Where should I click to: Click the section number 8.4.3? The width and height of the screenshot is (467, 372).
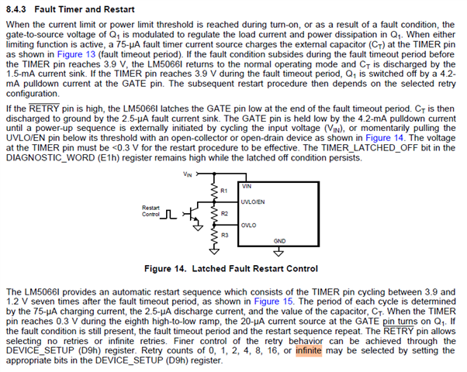pyautogui.click(x=16, y=9)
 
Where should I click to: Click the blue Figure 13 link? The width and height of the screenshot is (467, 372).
pyautogui.click(x=76, y=54)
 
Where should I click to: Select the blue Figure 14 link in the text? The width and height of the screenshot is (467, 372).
pyautogui.click(x=384, y=138)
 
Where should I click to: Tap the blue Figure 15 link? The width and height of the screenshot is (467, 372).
pyautogui.click(x=273, y=301)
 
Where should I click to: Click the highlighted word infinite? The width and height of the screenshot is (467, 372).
pyautogui.click(x=309, y=350)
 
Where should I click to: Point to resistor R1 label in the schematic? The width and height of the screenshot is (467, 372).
pyautogui.click(x=223, y=191)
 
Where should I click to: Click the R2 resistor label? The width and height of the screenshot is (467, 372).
pyautogui.click(x=224, y=214)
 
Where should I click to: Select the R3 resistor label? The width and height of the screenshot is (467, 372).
pyautogui.click(x=224, y=236)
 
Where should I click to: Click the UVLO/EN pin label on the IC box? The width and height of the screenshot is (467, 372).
pyautogui.click(x=253, y=202)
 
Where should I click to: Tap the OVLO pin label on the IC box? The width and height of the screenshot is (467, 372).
pyautogui.click(x=248, y=226)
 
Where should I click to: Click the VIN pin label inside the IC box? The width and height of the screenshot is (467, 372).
pyautogui.click(x=247, y=186)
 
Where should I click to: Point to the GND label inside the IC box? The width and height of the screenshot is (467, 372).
pyautogui.click(x=279, y=241)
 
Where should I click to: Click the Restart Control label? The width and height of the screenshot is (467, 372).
pyautogui.click(x=150, y=211)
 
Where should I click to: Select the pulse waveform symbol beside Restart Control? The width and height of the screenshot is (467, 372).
pyautogui.click(x=168, y=215)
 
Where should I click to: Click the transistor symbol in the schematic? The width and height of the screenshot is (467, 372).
pyautogui.click(x=192, y=213)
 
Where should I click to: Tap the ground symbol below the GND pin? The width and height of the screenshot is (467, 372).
pyautogui.click(x=278, y=253)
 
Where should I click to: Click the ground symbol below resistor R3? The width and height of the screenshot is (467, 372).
pyautogui.click(x=214, y=251)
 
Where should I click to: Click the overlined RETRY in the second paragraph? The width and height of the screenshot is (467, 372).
pyautogui.click(x=43, y=108)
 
